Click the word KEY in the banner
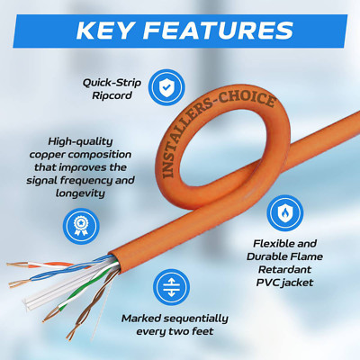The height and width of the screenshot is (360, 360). click(104, 31)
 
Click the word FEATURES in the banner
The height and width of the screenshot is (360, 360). click(218, 31)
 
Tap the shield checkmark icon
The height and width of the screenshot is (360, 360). click(166, 87)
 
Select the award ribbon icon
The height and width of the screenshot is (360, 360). click(81, 226)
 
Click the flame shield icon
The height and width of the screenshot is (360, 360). click(284, 213)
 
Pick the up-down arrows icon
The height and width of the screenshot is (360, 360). click(171, 287)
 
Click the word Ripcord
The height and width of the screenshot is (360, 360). click(112, 96)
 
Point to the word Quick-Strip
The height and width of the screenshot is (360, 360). click(112, 83)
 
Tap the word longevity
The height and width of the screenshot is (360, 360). click(80, 193)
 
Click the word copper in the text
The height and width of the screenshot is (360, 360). click(47, 155)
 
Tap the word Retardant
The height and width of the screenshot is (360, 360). click(284, 269)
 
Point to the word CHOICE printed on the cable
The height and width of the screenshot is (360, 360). click(247, 100)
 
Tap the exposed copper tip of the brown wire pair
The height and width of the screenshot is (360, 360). click(69, 336)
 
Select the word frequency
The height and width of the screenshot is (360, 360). click(93, 181)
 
